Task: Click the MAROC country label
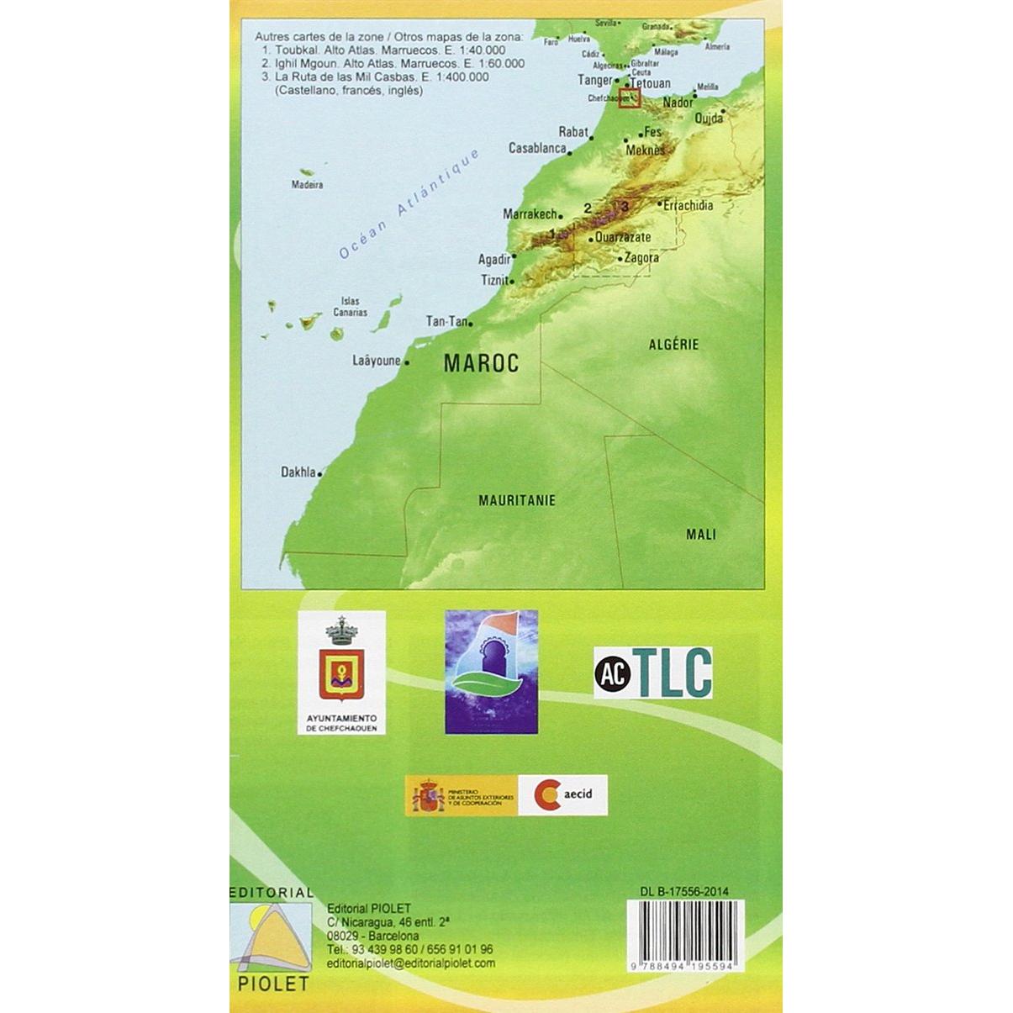(x=481, y=363)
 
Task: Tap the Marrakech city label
(x=530, y=214)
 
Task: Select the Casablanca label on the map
(x=537, y=148)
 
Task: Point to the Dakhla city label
(x=298, y=472)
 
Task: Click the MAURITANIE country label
(x=517, y=500)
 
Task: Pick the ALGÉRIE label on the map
(x=673, y=344)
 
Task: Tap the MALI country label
(x=701, y=534)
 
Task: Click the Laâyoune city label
(x=377, y=361)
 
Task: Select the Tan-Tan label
(x=446, y=321)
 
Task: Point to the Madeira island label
(x=307, y=184)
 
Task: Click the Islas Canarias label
(x=350, y=307)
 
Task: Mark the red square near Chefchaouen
(x=630, y=98)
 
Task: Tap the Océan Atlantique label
(x=409, y=204)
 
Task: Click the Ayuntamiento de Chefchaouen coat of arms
(x=341, y=664)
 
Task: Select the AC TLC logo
(x=653, y=673)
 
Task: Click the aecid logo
(x=562, y=794)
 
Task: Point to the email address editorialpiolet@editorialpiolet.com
(x=411, y=963)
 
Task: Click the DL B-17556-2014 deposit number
(x=684, y=892)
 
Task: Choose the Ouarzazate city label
(x=623, y=237)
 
